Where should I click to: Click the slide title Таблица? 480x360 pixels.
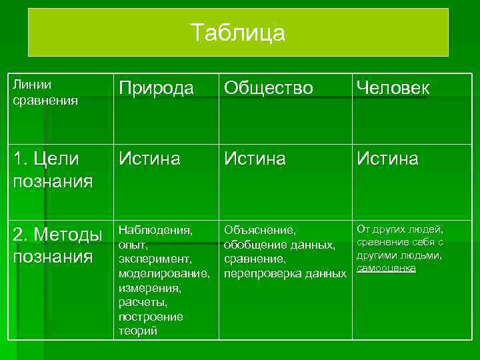click(x=238, y=33)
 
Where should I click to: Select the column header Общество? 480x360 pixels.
click(x=268, y=89)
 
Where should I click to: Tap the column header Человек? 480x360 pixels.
click(x=393, y=89)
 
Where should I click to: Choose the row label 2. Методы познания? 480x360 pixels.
click(x=57, y=245)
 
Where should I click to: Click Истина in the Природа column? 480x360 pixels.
click(x=149, y=159)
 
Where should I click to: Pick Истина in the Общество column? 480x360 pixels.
click(x=255, y=159)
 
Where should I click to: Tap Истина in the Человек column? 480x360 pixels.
click(x=387, y=159)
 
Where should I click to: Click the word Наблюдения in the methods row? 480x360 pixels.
click(x=155, y=230)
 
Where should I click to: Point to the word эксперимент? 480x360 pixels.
click(x=154, y=259)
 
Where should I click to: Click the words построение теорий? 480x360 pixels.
click(x=150, y=324)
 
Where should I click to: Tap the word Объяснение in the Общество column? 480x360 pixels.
click(x=259, y=231)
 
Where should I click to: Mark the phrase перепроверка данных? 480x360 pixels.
click(x=285, y=273)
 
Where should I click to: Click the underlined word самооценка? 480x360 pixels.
click(x=386, y=268)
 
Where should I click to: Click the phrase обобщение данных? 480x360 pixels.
click(x=279, y=245)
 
